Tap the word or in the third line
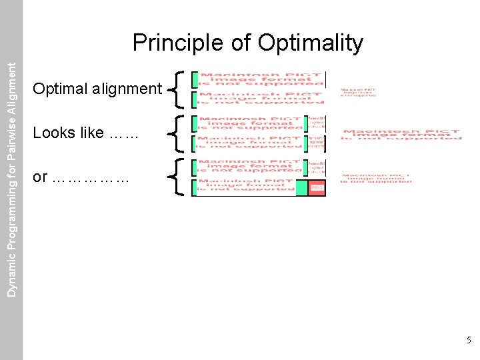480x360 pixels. tap(40, 177)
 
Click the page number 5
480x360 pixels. tap(469, 340)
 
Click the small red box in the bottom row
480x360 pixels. tap(317, 188)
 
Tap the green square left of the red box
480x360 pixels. tap(301, 188)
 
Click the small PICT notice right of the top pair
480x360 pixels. tap(358, 92)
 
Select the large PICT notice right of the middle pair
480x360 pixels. tap(401, 134)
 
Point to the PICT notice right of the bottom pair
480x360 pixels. tap(377, 178)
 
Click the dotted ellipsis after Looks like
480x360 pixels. tap(121, 134)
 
